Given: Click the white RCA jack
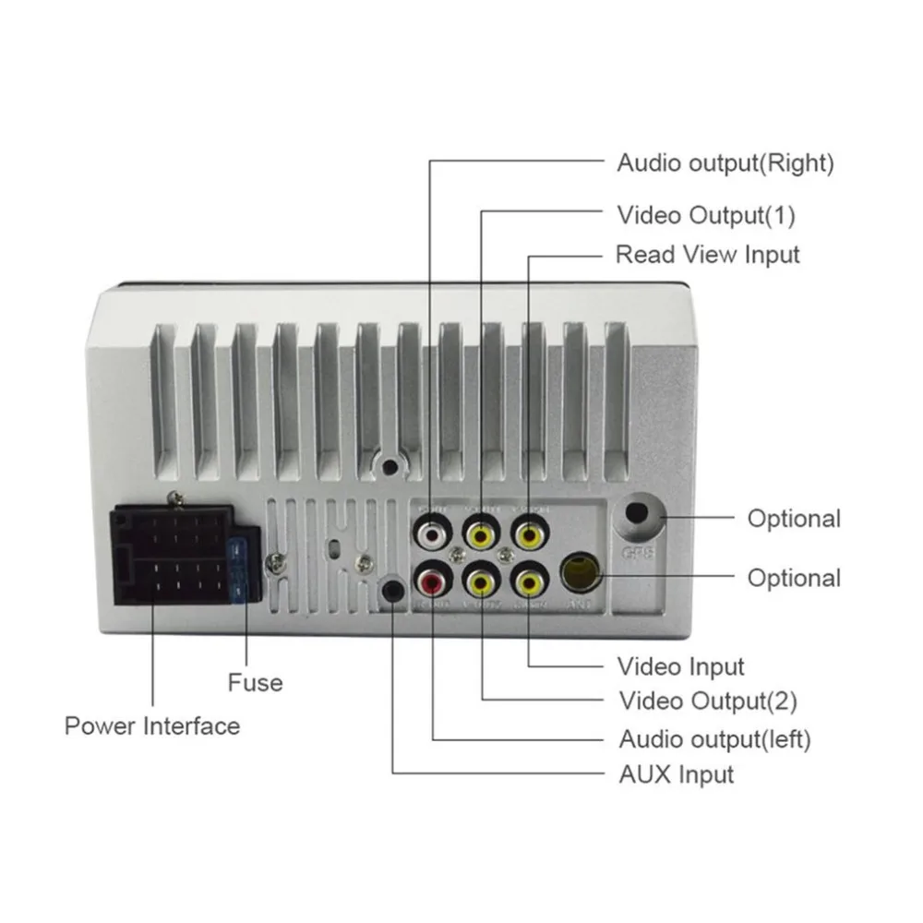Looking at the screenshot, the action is coord(431,533).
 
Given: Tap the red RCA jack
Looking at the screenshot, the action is coord(431,582).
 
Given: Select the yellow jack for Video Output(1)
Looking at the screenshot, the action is coord(481,533).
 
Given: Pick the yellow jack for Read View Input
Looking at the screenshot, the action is coord(528,533).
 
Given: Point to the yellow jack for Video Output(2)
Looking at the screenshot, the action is coord(481,582).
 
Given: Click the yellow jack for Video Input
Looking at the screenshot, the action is coord(528,582).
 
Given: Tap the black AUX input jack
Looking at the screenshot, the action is coord(393,591).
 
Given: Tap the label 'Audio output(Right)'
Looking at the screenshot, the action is coord(725,164).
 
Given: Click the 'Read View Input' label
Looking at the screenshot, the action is coord(708,254).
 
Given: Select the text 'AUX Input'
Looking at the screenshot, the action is coord(676,774).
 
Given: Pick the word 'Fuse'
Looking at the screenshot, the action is coord(255,683).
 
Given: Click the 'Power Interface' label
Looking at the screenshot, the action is coord(152,725).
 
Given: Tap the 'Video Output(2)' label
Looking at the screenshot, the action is coord(707,701).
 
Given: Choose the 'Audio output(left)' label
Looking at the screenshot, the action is coord(714,738).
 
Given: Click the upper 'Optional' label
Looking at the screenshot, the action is coord(794,519).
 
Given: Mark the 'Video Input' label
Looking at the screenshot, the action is coord(681,665).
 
